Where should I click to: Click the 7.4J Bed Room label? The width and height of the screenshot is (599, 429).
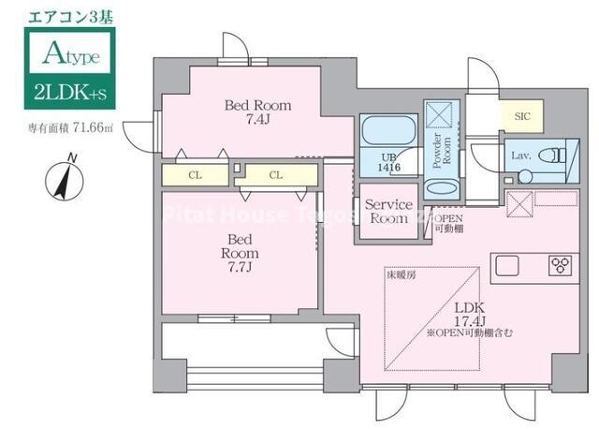click(256, 112)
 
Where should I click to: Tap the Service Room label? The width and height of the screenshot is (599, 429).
click(387, 211)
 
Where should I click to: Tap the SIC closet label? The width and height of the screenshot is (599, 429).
click(521, 115)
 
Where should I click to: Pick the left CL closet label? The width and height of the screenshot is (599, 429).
click(195, 175)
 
